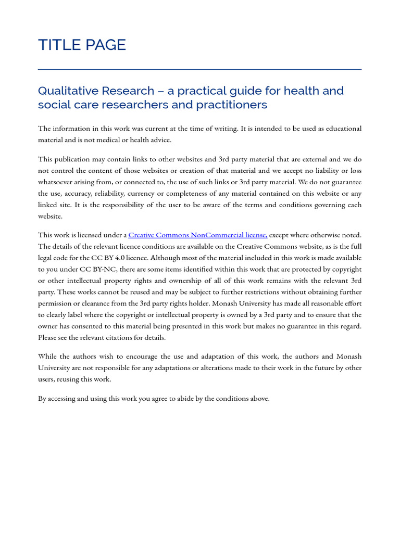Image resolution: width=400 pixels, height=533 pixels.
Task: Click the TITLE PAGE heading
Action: pyautogui.click(x=82, y=45)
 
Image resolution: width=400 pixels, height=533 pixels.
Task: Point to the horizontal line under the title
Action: pyautogui.click(x=199, y=69)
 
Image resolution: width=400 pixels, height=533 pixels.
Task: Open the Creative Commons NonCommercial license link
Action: pyautogui.click(x=197, y=235)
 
